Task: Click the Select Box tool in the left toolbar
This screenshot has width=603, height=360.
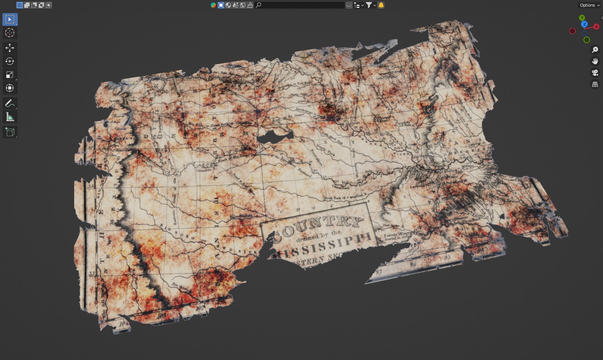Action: point(10,19)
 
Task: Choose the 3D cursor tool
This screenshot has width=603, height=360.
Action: point(10,33)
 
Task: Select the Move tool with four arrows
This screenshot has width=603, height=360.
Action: point(10,48)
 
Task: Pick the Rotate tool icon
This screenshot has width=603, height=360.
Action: point(10,61)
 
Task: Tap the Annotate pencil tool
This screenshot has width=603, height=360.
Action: point(10,103)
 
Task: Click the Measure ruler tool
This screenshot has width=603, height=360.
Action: point(10,117)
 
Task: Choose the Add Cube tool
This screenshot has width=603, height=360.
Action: point(10,132)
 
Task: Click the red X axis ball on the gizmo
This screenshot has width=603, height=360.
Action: point(596,27)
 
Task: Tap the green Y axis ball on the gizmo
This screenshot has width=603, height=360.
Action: point(582,18)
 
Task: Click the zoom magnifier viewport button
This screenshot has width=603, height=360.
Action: point(595,50)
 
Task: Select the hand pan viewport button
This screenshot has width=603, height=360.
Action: point(595,61)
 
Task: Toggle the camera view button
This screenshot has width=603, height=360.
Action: point(595,73)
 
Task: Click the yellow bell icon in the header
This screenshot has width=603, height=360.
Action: point(381,5)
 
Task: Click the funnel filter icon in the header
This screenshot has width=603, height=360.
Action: point(369,5)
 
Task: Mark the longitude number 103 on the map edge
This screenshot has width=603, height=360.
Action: point(161,315)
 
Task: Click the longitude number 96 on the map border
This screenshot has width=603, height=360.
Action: point(413,265)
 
